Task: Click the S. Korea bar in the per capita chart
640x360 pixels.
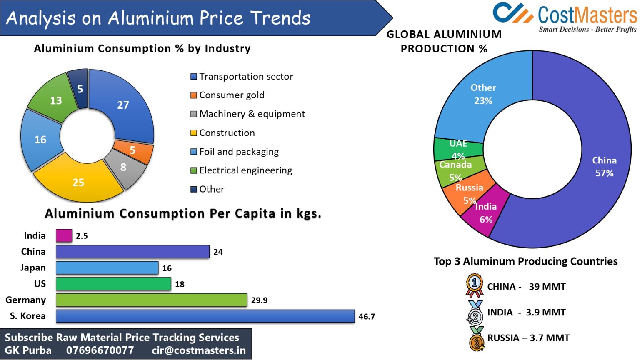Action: coord(205,316)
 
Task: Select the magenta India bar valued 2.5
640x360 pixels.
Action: coord(64,235)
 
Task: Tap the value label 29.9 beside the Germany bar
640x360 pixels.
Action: coord(259,300)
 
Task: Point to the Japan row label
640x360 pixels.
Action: coord(33,267)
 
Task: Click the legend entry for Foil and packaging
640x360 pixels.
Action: coord(239,152)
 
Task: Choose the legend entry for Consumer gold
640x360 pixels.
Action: coord(232,95)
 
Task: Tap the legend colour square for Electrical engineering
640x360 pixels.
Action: coord(193,170)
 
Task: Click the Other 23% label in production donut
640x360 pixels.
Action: coord(483,94)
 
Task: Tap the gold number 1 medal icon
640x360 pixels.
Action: coord(474,285)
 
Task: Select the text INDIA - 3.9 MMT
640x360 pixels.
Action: coord(526,312)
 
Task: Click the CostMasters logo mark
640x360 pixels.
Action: coord(512,13)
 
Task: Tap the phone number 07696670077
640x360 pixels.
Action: coord(100,350)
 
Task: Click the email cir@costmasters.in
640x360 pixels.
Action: coord(199,350)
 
